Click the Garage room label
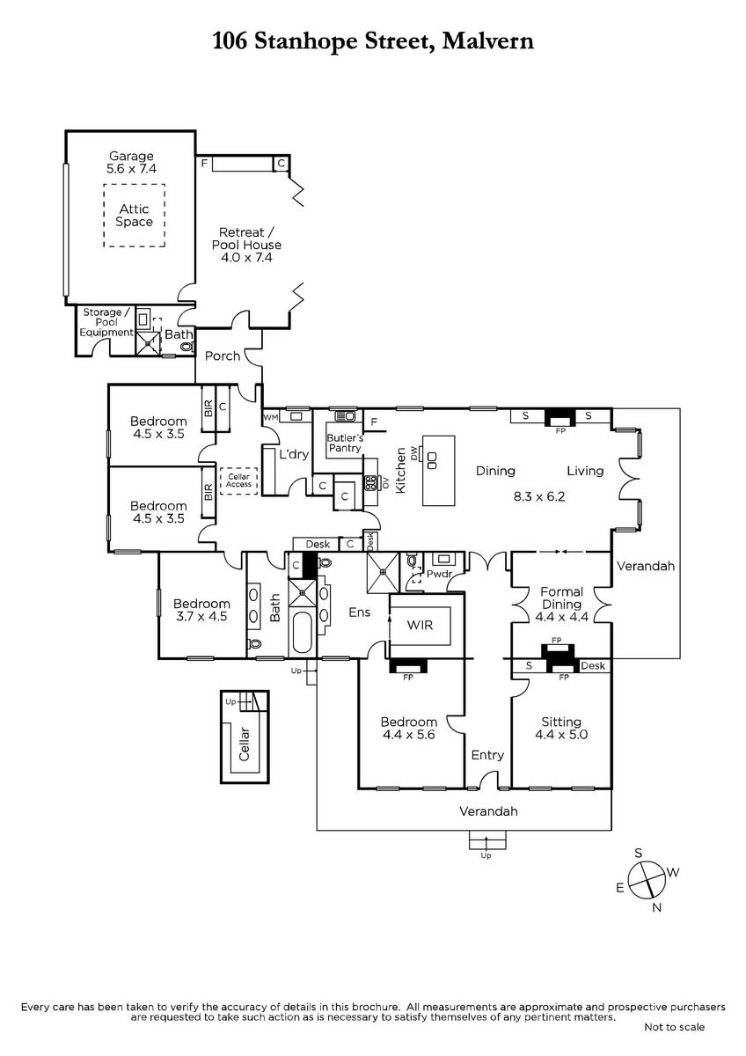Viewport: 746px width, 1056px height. (x=131, y=156)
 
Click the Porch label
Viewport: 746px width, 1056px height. (x=223, y=356)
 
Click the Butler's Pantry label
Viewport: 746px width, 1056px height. (x=345, y=444)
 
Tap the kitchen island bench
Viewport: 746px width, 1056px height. (x=438, y=471)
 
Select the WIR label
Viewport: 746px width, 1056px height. (x=420, y=625)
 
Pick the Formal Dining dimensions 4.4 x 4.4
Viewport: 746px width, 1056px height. (x=562, y=617)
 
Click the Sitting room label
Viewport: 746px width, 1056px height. (x=560, y=722)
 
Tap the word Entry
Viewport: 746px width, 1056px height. (x=487, y=755)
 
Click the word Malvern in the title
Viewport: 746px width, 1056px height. (x=488, y=41)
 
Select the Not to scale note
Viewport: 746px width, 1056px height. (x=675, y=1027)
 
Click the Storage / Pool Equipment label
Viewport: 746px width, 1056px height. (x=106, y=322)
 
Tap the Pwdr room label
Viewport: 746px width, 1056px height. (x=439, y=574)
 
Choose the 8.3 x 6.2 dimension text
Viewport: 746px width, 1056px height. (x=539, y=496)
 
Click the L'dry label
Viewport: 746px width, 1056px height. (x=294, y=454)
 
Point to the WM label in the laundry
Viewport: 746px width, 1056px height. (x=270, y=417)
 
